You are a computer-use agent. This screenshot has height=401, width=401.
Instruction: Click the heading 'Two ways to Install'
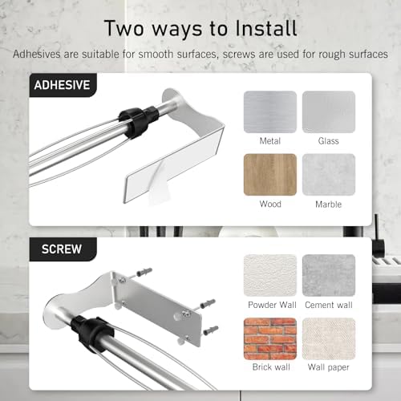(x=200, y=28)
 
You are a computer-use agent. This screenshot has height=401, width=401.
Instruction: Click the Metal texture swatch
(x=270, y=111)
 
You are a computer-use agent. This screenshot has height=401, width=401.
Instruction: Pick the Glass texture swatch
(x=328, y=111)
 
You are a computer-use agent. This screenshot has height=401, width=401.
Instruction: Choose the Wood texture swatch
(x=270, y=174)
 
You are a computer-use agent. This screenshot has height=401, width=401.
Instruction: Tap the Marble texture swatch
(x=328, y=174)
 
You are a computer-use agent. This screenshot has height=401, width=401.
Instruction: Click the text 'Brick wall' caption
(x=270, y=368)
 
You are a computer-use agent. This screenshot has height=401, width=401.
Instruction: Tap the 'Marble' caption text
(x=328, y=204)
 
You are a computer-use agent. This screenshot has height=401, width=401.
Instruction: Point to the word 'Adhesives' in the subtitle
(x=37, y=55)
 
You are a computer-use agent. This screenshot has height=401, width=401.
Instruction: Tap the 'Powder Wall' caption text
(x=270, y=306)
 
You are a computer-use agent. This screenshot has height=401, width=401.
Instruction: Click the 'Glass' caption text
(x=328, y=141)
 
